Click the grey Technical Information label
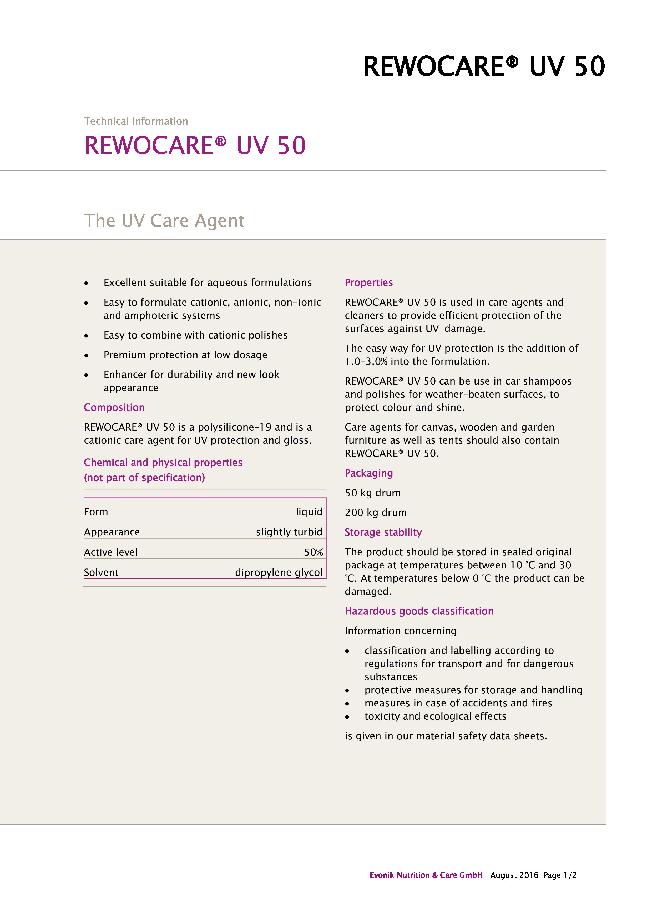(136, 121)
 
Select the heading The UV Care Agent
(164, 221)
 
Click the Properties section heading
(368, 283)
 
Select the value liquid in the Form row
(309, 512)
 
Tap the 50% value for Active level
(313, 552)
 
